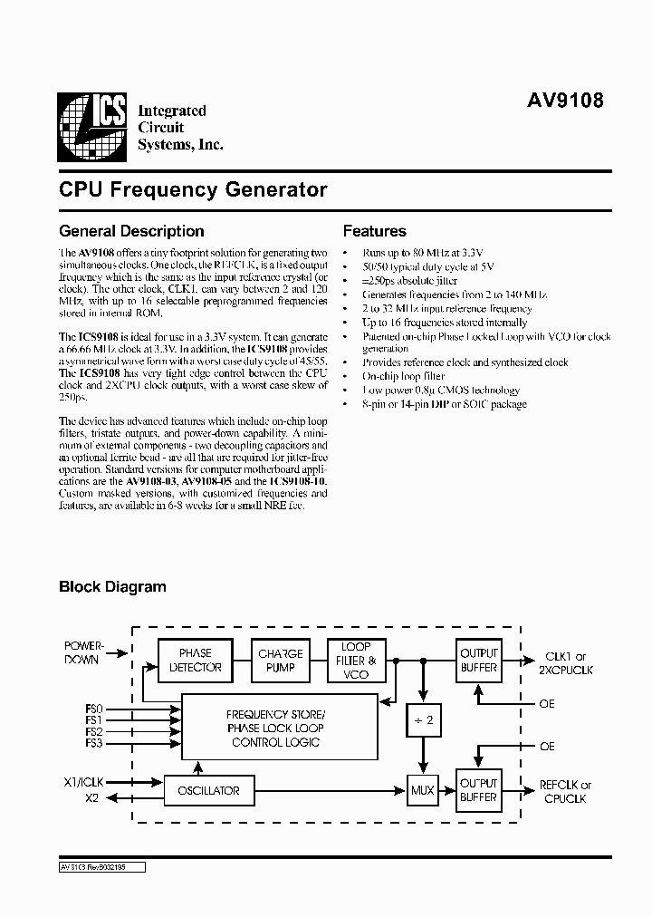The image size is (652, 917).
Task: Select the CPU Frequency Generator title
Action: (x=193, y=190)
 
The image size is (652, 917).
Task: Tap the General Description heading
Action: (x=131, y=231)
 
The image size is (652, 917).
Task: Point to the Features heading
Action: (x=374, y=231)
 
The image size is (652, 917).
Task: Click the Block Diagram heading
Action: (x=112, y=586)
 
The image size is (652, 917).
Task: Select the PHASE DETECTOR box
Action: (x=195, y=660)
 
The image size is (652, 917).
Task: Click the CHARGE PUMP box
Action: (x=281, y=660)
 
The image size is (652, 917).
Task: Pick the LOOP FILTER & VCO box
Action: (x=356, y=661)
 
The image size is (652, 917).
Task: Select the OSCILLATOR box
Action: (x=207, y=790)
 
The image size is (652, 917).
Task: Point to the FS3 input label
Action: (x=94, y=743)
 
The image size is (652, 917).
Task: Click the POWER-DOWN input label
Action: (x=84, y=652)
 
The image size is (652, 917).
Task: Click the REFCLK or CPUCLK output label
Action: (x=567, y=791)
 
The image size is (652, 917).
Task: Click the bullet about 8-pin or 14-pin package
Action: (x=444, y=404)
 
